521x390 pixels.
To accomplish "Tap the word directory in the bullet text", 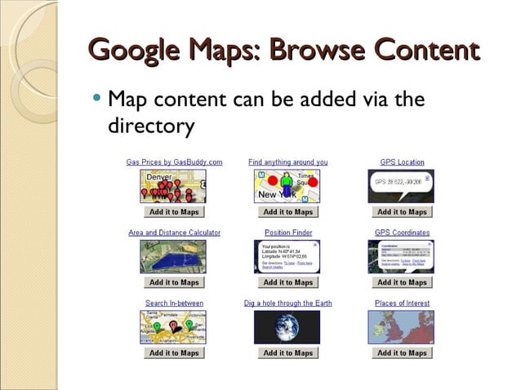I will (x=151, y=126).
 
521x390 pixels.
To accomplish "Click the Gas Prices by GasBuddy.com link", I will (x=174, y=162).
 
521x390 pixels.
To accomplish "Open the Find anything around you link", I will (x=287, y=162).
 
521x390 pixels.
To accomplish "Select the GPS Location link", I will (x=402, y=162).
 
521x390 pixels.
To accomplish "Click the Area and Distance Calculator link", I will (x=174, y=233).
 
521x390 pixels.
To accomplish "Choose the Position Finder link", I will (x=288, y=233).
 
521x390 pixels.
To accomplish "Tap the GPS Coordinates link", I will (x=402, y=233).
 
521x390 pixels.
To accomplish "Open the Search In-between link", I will (x=174, y=304).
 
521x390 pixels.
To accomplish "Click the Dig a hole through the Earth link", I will (x=288, y=304).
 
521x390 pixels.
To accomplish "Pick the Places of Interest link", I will (x=402, y=304).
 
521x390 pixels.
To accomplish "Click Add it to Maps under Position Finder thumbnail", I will (x=288, y=282).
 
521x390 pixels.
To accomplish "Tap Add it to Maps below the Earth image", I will (x=288, y=353).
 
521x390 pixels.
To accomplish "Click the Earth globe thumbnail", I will (x=287, y=326).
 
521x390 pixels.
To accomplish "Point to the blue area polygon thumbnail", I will (x=173, y=256).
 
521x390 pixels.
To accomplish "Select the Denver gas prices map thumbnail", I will (x=173, y=186).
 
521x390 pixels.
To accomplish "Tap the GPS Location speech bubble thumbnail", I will (x=402, y=184).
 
